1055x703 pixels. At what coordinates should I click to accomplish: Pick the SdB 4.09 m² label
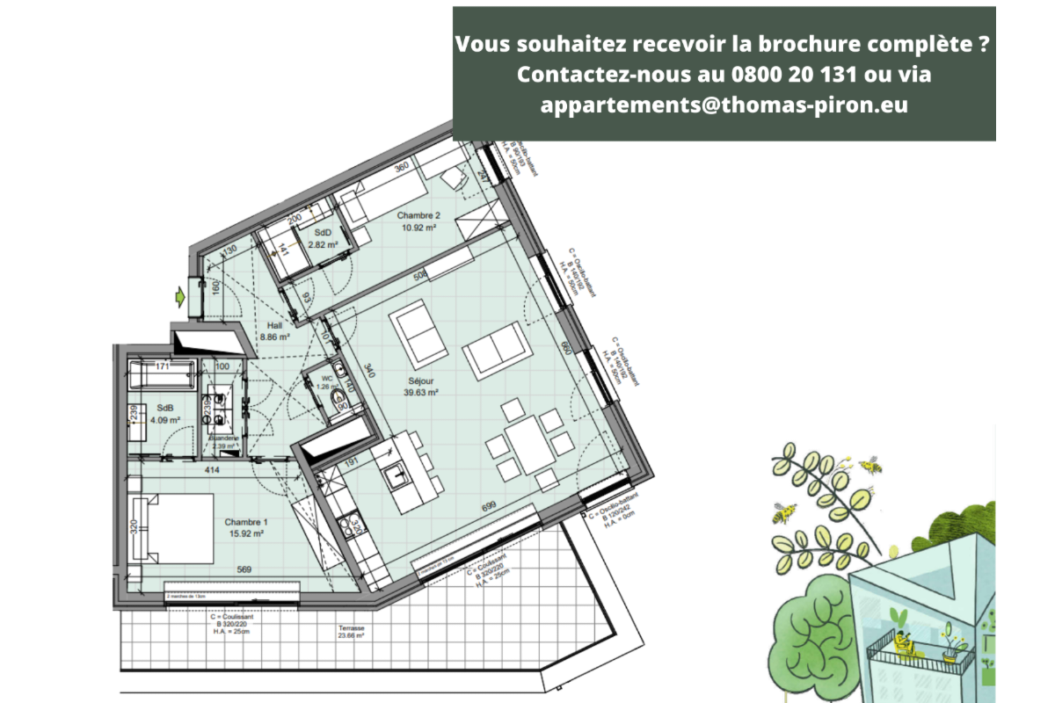164,414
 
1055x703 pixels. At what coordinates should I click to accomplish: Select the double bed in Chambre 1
173,528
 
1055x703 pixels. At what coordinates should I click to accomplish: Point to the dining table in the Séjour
526,445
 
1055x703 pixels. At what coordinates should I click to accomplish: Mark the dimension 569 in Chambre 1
244,570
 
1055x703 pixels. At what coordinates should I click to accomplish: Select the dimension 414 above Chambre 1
212,471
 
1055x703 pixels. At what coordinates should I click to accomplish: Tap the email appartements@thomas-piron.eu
724,105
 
